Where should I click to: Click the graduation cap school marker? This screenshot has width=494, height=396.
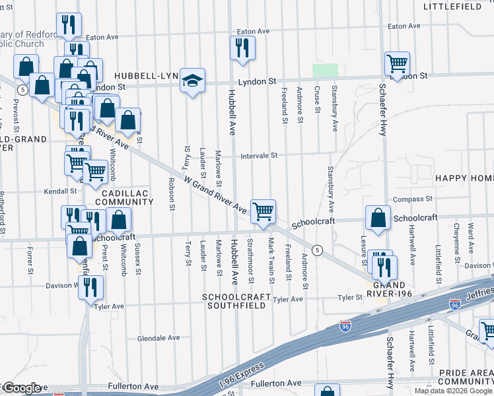click(192, 80)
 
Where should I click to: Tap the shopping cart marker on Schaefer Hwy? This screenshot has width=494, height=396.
click(397, 64)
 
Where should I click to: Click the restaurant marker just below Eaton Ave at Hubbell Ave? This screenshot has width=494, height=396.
click(242, 48)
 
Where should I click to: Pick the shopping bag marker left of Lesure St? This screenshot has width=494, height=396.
click(376, 218)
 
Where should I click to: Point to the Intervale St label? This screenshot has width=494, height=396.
click(260, 156)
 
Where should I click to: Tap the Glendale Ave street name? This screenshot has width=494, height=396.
click(159, 338)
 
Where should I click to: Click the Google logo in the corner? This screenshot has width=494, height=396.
click(21, 388)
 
